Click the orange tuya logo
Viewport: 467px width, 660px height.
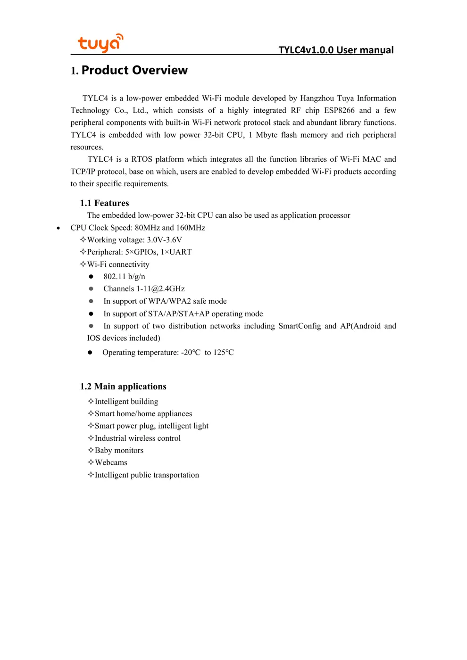coord(100,43)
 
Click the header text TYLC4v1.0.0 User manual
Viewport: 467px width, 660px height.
coord(336,50)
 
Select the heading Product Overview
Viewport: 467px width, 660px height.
coord(134,70)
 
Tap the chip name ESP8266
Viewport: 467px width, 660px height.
coord(339,110)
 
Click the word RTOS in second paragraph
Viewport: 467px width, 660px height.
coord(142,159)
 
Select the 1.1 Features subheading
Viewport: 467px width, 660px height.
coord(104,203)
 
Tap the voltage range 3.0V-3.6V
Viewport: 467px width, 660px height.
coord(164,240)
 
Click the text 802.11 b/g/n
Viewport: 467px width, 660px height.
coord(124,277)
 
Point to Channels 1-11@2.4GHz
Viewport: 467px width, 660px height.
coord(144,289)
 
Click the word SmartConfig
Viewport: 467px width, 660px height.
coord(300,326)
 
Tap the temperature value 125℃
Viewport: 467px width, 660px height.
coord(223,353)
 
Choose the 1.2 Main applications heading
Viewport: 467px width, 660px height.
coord(123,387)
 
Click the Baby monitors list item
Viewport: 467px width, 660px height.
coord(119,451)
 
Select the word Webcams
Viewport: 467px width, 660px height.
coord(111,463)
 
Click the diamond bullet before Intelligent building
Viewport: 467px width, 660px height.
coord(91,401)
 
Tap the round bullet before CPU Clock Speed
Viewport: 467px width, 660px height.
coord(58,228)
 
